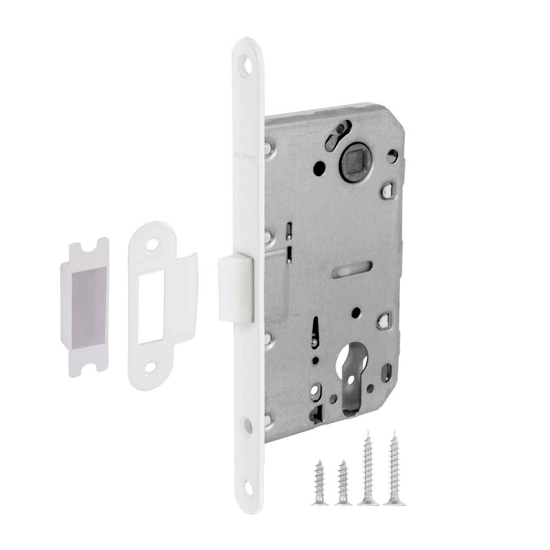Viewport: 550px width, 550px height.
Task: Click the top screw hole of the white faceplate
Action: coord(248,64)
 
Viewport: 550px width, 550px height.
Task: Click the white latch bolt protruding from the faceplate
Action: coord(235,286)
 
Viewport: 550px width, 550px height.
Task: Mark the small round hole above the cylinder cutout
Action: coord(356,313)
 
